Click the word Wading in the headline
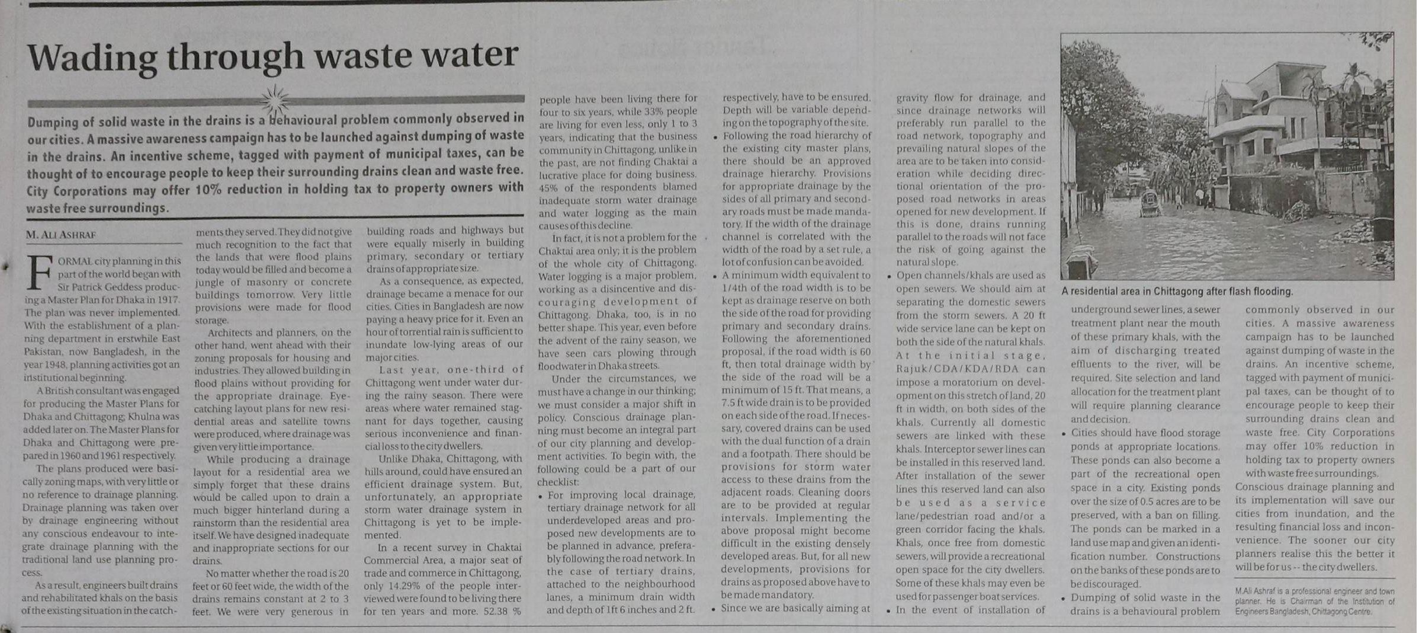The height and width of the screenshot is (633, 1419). (x=92, y=57)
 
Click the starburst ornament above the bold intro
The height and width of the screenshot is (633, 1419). (x=275, y=100)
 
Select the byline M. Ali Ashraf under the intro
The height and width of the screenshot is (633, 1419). (x=61, y=235)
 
